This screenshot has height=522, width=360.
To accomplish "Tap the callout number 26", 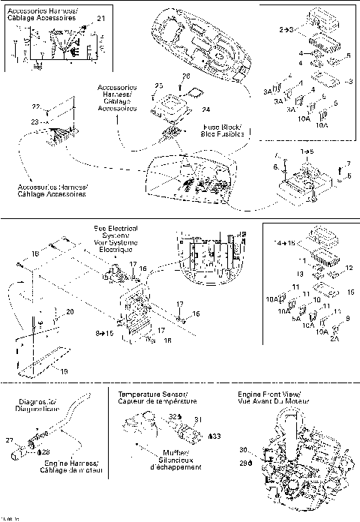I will pos(187,76).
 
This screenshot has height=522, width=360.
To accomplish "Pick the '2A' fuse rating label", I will pos(334,338).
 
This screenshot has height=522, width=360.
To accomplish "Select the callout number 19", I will pos(62,370).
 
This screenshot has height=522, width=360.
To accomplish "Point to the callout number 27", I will pos(20,440).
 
